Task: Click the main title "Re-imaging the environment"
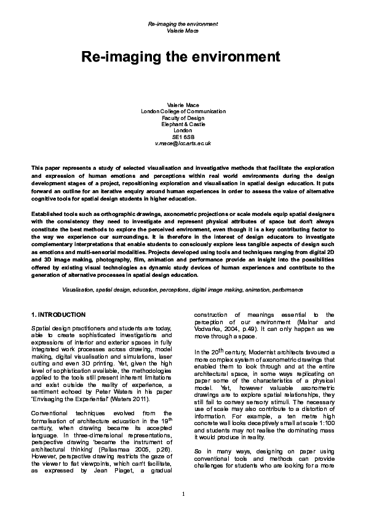(183, 57)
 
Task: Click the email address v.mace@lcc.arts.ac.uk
(183, 143)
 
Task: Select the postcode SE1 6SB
(183, 137)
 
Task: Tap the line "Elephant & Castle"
(183, 124)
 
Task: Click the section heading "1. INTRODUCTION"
(58, 314)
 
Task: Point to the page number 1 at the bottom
(183, 495)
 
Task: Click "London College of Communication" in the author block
(183, 111)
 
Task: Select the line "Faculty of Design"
(183, 118)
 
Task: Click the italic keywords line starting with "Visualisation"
(183, 289)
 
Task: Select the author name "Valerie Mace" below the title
(183, 105)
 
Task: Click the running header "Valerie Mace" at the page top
(183, 30)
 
